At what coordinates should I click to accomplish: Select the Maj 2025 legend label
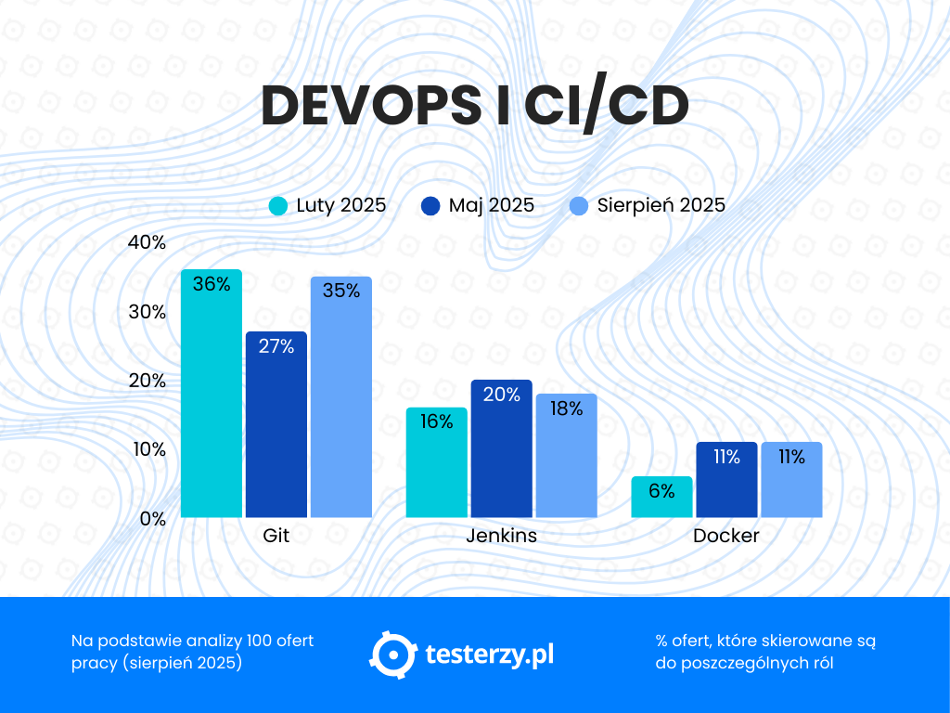(491, 206)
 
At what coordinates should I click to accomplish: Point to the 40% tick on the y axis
(147, 243)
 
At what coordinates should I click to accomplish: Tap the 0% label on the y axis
(152, 519)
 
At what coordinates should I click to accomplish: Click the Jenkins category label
(501, 537)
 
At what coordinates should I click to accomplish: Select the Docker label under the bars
(726, 537)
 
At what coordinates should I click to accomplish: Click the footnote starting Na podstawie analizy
(192, 652)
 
